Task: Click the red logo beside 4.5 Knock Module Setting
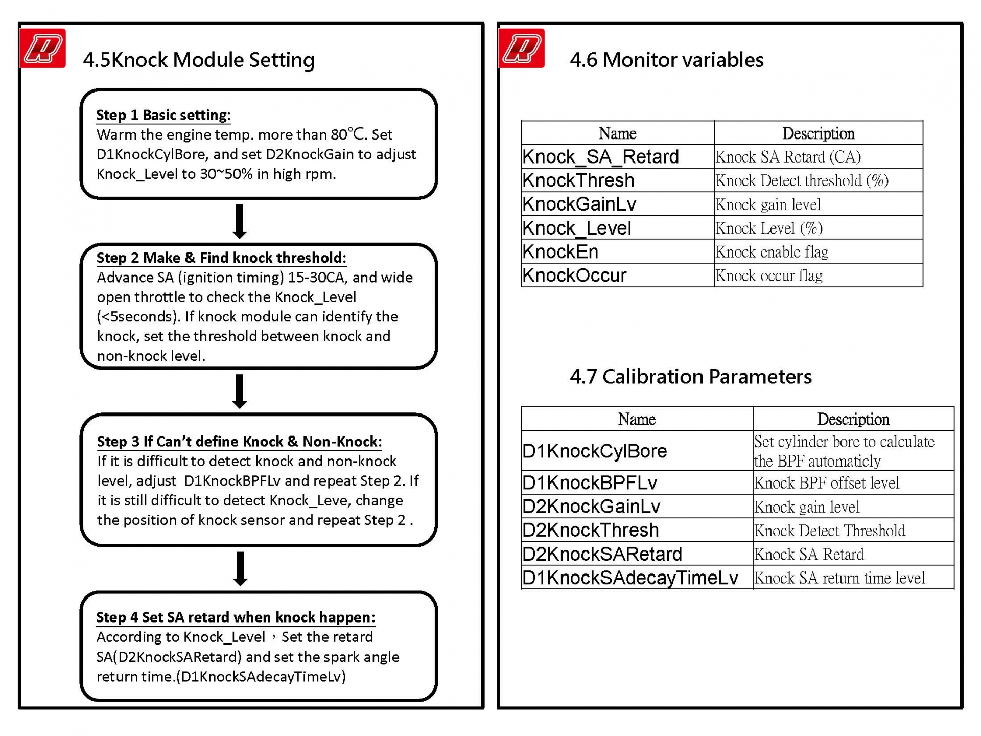(42, 49)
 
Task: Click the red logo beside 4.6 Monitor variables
(521, 49)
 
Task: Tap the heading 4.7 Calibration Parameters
(690, 377)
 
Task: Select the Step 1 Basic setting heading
(163, 115)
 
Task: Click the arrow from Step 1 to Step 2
(240, 221)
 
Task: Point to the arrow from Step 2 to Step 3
(240, 391)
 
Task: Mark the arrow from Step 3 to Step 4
(240, 568)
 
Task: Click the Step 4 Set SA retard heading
(236, 617)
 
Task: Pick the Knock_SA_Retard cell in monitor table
(600, 157)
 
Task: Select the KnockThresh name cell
(578, 180)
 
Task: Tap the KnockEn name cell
(560, 251)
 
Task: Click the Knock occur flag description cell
(768, 275)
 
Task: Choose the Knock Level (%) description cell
(768, 228)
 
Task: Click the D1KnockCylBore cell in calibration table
(594, 451)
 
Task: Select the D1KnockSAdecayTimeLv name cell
(630, 578)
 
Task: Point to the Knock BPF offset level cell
(826, 483)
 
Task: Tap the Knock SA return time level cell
(839, 578)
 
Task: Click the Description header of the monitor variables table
(818, 133)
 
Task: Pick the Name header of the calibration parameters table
(636, 419)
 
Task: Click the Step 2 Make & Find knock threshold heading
(221, 258)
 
